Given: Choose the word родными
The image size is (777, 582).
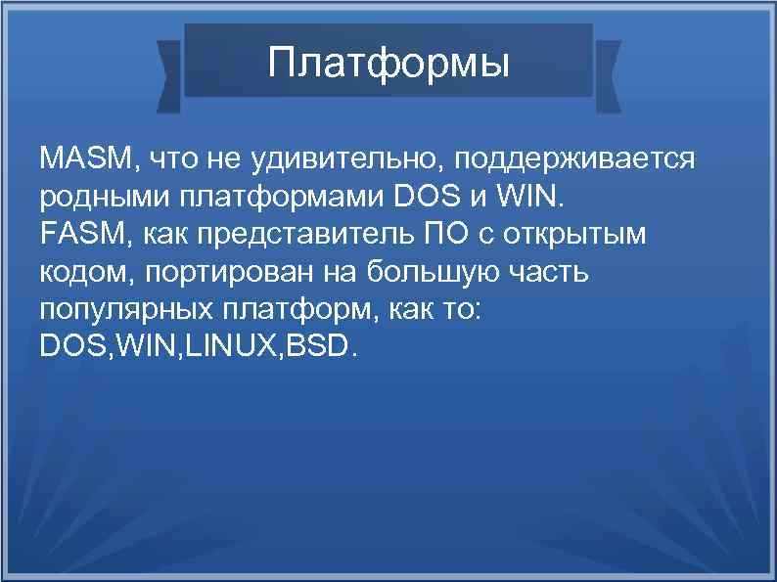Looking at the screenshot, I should (104, 199).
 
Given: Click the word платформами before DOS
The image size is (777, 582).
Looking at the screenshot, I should (282, 199).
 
